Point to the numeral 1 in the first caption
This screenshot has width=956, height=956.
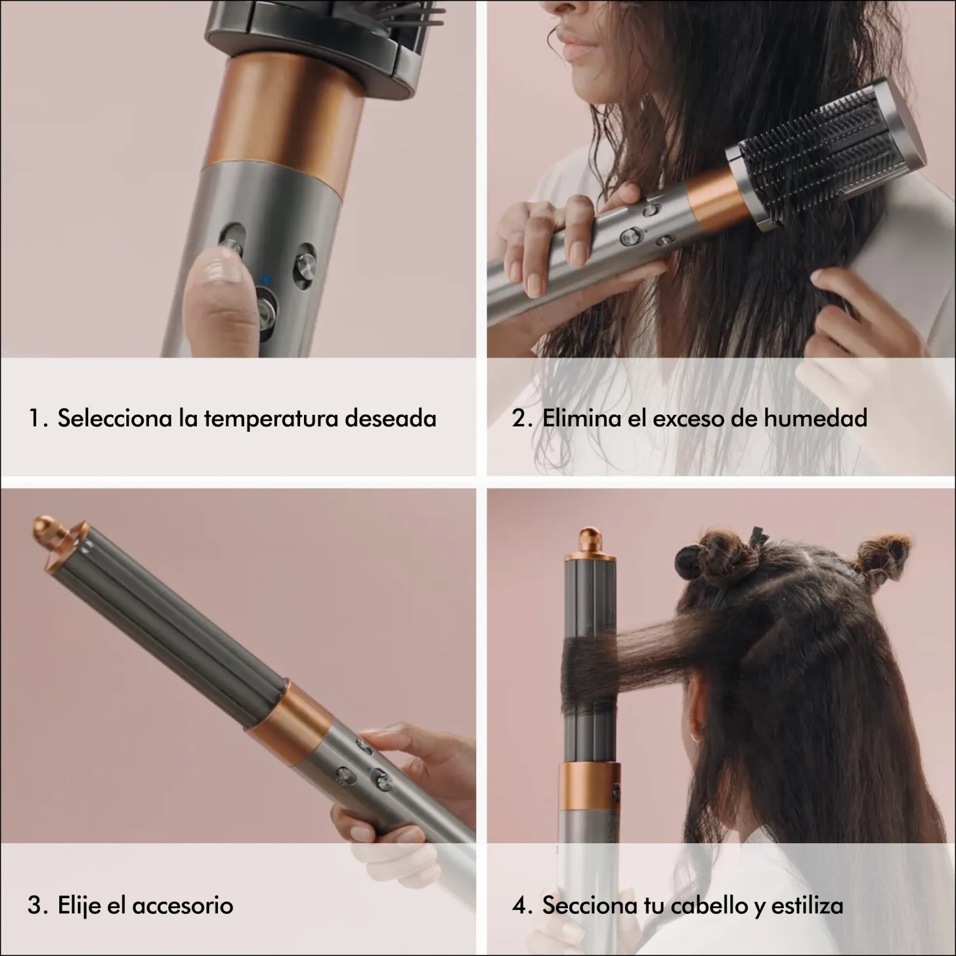[34, 419]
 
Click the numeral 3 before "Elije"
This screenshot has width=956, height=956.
[34, 906]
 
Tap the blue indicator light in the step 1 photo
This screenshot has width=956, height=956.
[266, 278]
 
